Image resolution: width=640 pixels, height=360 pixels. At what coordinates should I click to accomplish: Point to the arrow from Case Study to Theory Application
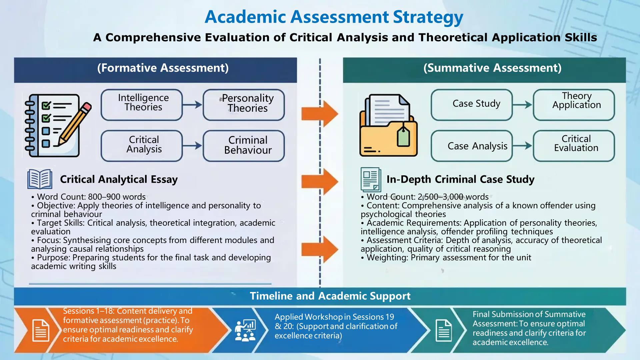pyautogui.click(x=522, y=105)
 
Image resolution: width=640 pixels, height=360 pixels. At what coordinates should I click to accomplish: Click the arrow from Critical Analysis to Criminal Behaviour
pyautogui.click(x=192, y=146)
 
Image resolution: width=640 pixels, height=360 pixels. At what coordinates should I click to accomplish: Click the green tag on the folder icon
pyautogui.click(x=403, y=137)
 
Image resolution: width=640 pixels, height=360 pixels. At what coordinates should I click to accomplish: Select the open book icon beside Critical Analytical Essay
pyautogui.click(x=40, y=179)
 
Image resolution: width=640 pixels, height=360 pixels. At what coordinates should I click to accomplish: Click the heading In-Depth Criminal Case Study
pyautogui.click(x=460, y=179)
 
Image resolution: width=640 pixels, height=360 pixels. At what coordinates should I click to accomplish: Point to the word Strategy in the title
pyautogui.click(x=428, y=17)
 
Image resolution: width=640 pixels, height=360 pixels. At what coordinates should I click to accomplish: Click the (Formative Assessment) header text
pyautogui.click(x=163, y=68)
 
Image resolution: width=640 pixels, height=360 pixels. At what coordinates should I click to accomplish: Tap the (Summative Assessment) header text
pyautogui.click(x=492, y=68)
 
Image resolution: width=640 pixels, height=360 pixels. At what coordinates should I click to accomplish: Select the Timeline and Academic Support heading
pyautogui.click(x=330, y=296)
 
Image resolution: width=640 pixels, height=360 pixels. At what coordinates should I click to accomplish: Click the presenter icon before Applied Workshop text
pyautogui.click(x=245, y=330)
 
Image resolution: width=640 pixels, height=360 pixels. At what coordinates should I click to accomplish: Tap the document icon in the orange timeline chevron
pyautogui.click(x=41, y=330)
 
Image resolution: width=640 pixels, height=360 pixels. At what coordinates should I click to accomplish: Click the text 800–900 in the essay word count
pyautogui.click(x=104, y=197)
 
